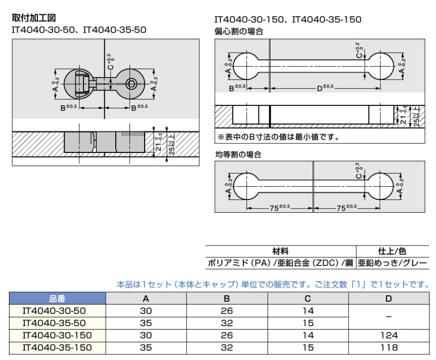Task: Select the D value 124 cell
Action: pyautogui.click(x=388, y=335)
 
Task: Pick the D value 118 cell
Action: pyautogui.click(x=388, y=347)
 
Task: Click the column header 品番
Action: pyautogui.click(x=57, y=299)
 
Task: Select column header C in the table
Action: pyautogui.click(x=308, y=299)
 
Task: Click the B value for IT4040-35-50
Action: pyautogui.click(x=227, y=323)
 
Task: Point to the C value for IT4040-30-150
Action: pyautogui.click(x=308, y=335)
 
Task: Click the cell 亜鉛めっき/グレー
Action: pyautogui.click(x=393, y=263)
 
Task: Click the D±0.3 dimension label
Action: pyautogui.click(x=325, y=88)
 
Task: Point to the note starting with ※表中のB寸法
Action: pyautogui.click(x=278, y=137)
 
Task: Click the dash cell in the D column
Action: pyautogui.click(x=388, y=317)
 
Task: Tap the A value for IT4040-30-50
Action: pyautogui.click(x=146, y=311)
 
